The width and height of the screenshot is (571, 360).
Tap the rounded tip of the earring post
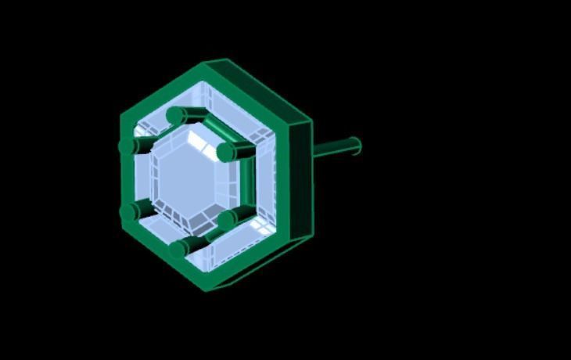pyautogui.click(x=356, y=146)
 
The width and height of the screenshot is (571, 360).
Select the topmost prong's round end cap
pyautogui.click(x=175, y=116)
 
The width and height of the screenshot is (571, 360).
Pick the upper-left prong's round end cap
pyautogui.click(x=127, y=146)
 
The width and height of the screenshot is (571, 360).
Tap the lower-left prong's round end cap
pyautogui.click(x=128, y=211)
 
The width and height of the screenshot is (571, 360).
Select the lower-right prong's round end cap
pyautogui.click(x=226, y=221)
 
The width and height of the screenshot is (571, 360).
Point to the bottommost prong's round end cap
pyautogui.click(x=177, y=249)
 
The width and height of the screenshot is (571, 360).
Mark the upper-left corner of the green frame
pyautogui.click(x=123, y=116)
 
